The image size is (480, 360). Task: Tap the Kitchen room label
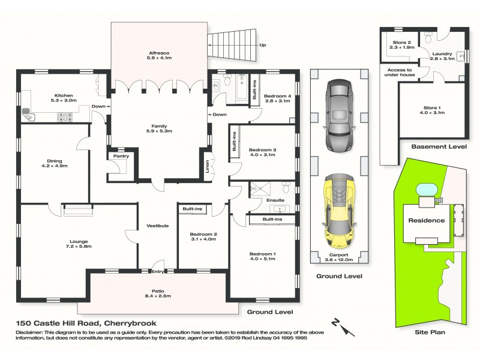pyautogui.click(x=64, y=96)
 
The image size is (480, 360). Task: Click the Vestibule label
pyautogui.click(x=157, y=226)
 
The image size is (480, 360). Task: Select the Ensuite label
pyautogui.click(x=276, y=200)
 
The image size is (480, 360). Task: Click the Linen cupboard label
pyautogui.click(x=208, y=166)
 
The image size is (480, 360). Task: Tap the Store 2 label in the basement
pyautogui.click(x=401, y=42)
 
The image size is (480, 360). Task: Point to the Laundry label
pyautogui.click(x=440, y=53)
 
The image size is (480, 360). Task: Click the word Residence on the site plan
pyautogui.click(x=427, y=220)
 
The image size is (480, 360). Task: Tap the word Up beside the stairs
pyautogui.click(x=262, y=45)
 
